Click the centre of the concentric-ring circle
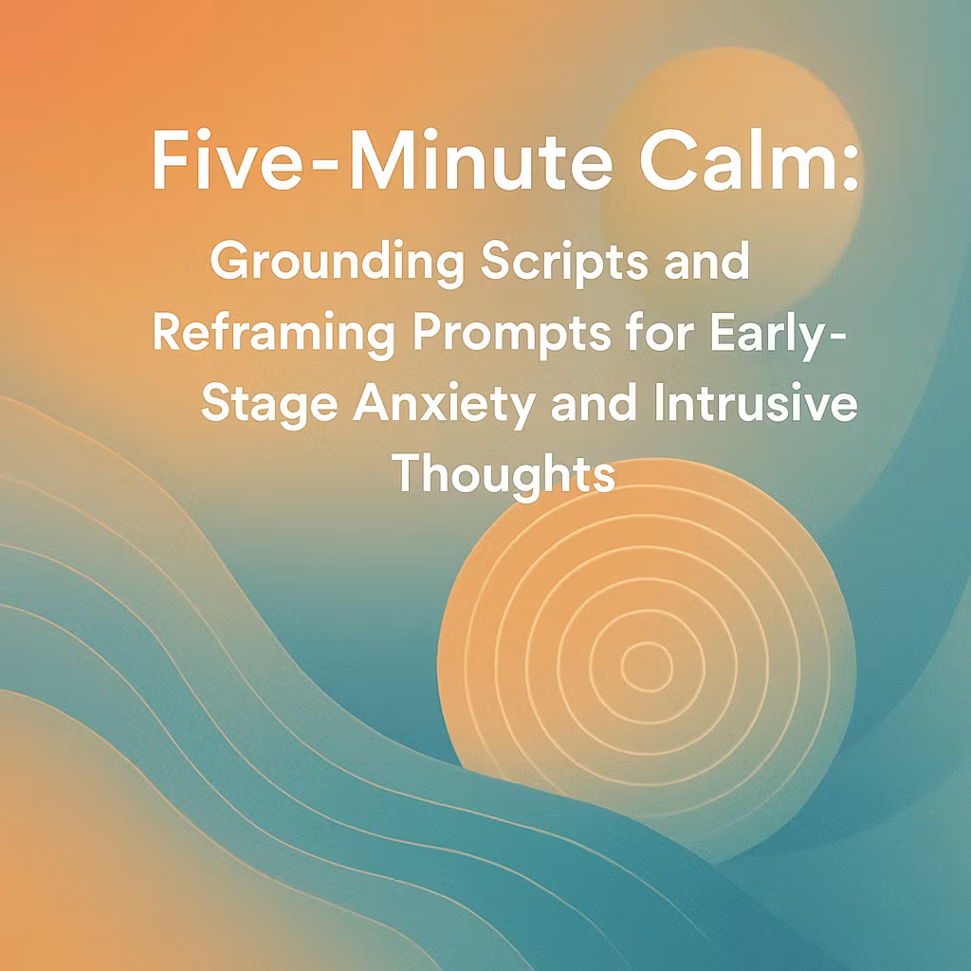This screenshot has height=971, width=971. pos(647,665)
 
